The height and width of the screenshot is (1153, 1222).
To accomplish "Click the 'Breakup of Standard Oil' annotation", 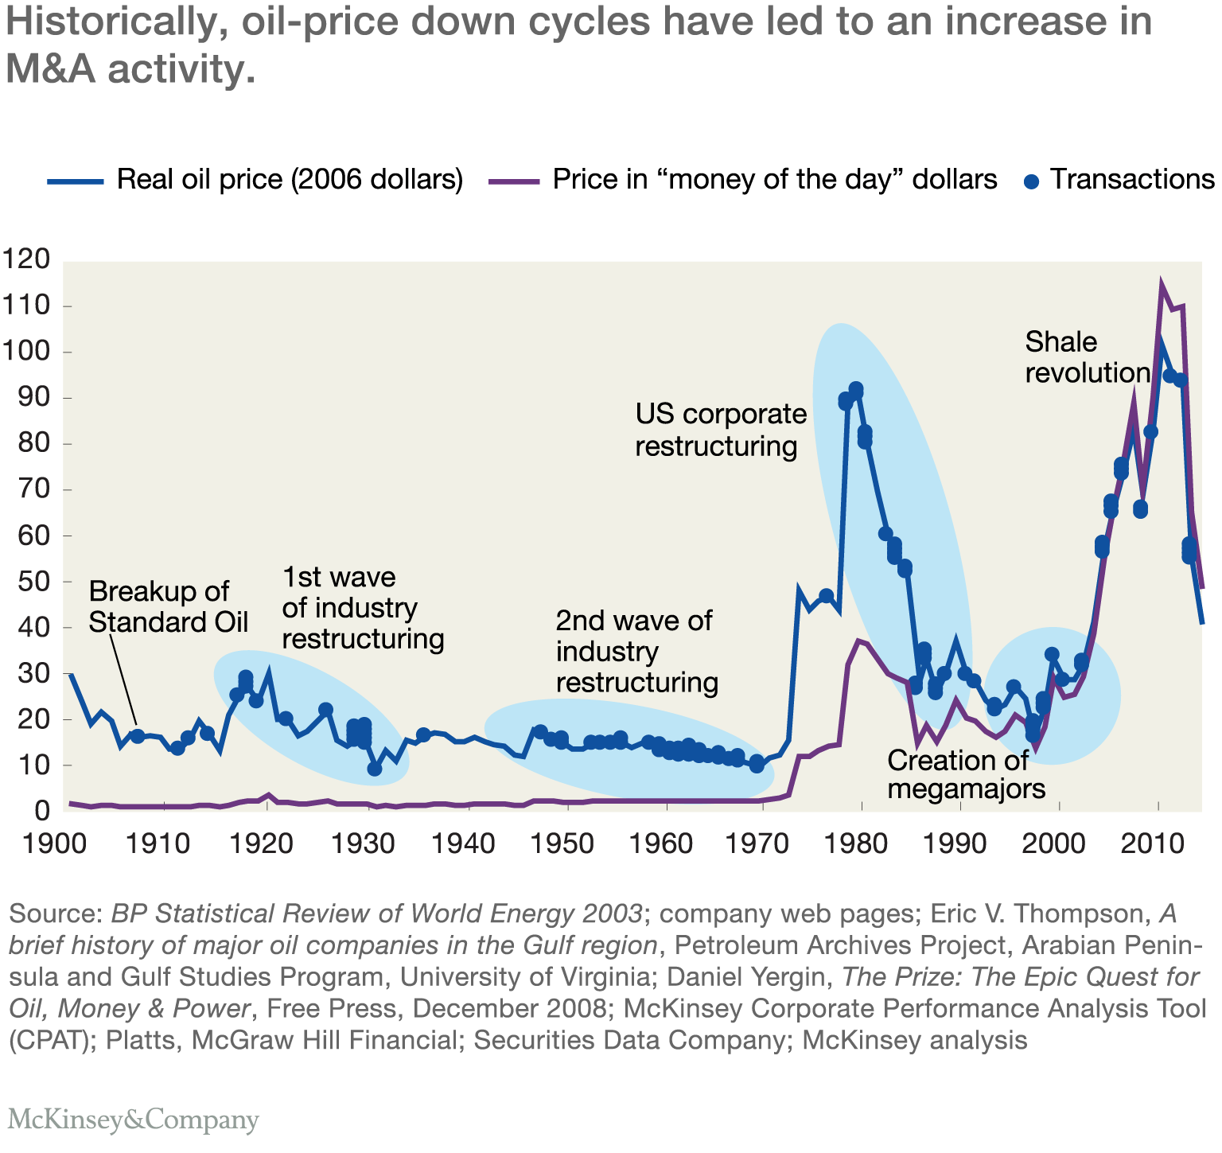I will [x=168, y=606].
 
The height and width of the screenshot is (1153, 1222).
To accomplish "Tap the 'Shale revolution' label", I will [x=1087, y=357].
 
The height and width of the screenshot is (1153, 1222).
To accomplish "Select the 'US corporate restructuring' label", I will [x=720, y=430].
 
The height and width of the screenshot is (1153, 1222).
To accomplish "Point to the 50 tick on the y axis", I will [x=33, y=582].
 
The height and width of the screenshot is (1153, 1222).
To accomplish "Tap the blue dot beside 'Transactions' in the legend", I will [x=1032, y=181].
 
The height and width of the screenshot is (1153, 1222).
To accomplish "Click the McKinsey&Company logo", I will [x=134, y=1120].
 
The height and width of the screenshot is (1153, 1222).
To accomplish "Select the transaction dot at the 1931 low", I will [x=374, y=769].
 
